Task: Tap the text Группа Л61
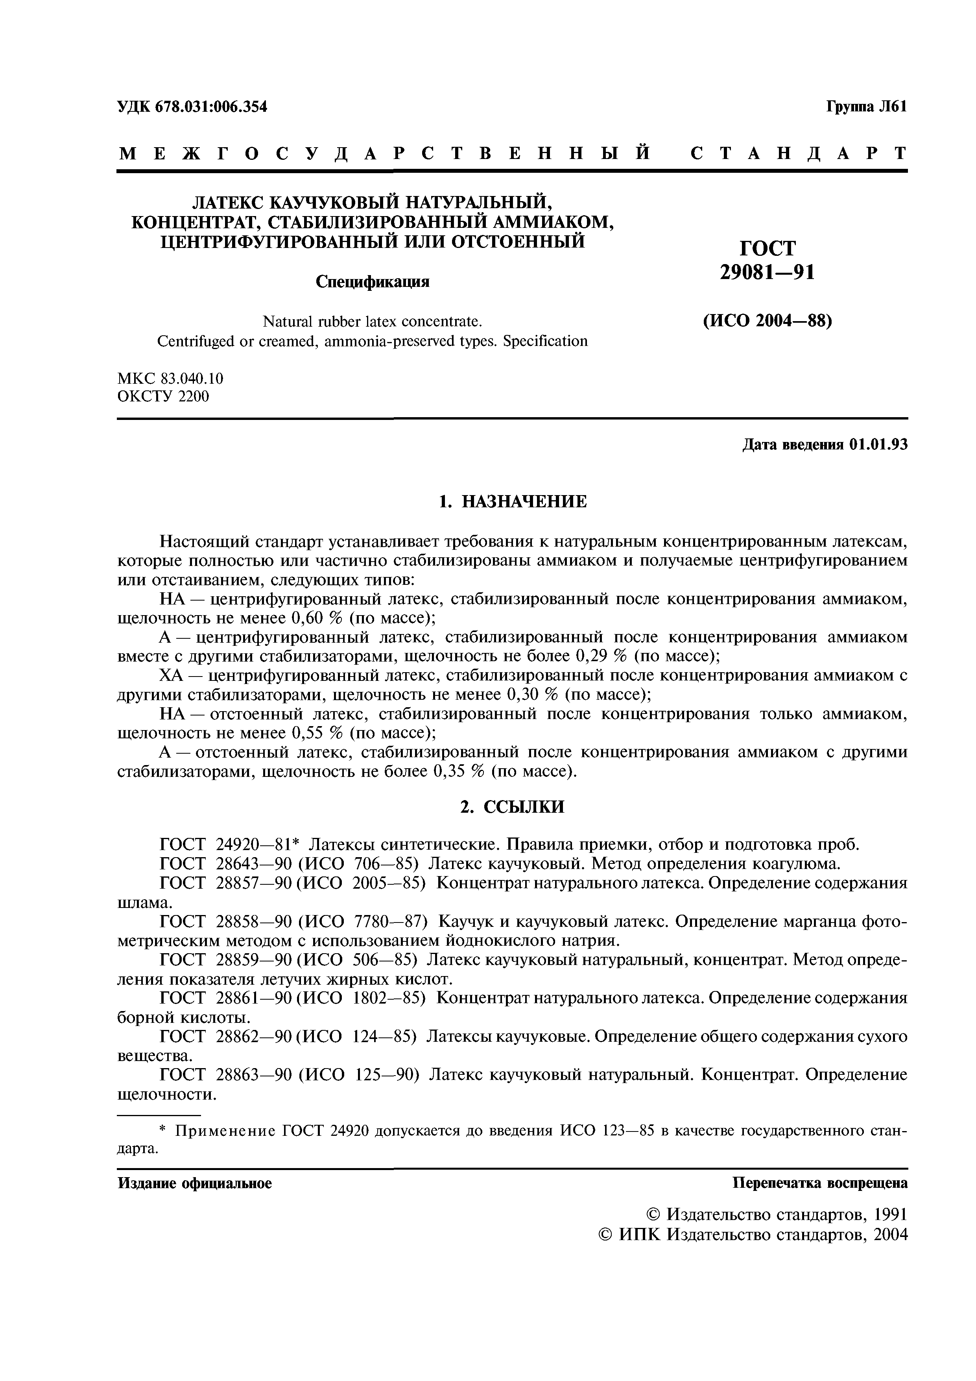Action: [865, 107]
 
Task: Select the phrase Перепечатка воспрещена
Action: [820, 1183]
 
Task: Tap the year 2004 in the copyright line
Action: [889, 1235]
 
